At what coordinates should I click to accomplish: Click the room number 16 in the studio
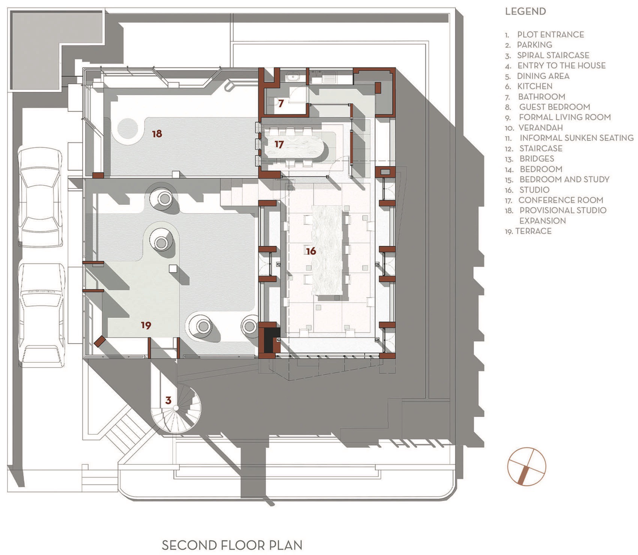[x=311, y=251]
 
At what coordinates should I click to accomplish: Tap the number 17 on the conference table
[x=279, y=144]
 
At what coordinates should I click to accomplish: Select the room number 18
[x=157, y=133]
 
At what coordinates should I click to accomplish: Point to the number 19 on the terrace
[x=146, y=325]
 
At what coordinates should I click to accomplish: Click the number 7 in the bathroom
[x=281, y=103]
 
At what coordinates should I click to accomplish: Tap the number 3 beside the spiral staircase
[x=168, y=400]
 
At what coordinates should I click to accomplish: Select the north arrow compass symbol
[x=527, y=467]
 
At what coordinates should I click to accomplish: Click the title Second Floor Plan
[x=232, y=545]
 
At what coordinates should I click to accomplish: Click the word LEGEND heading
[x=525, y=11]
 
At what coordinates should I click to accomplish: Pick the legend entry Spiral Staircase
[x=553, y=55]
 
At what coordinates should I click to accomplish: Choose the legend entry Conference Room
[x=561, y=200]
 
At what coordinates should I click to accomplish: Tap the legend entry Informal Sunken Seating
[x=576, y=138]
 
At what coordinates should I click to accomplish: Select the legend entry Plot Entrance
[x=550, y=34]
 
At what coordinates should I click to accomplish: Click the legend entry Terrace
[x=533, y=231]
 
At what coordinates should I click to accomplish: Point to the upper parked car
[x=41, y=197]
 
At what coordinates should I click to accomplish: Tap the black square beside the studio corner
[x=269, y=340]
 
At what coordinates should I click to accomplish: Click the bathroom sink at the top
[x=292, y=77]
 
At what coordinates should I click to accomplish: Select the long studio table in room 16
[x=328, y=250]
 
